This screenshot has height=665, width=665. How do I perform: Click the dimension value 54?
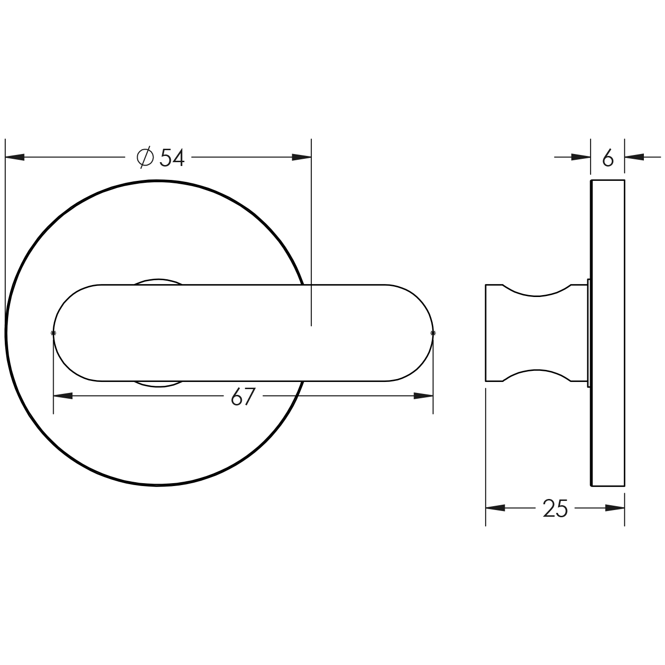point(172,157)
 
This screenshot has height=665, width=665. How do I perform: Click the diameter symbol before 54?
point(145,157)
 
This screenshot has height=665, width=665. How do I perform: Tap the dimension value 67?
point(242,397)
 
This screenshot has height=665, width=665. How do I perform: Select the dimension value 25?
point(555,508)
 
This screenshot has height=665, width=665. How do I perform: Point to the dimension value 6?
point(607,158)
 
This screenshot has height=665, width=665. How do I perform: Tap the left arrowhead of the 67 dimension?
point(63,396)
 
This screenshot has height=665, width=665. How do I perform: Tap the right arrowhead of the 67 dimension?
point(424,396)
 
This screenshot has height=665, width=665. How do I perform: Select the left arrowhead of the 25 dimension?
point(496,508)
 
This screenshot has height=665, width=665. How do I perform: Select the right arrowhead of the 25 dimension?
point(615,508)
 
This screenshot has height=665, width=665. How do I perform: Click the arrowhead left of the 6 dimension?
point(581,157)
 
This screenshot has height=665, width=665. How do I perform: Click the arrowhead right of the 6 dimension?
point(634,157)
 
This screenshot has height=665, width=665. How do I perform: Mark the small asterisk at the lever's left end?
point(53,332)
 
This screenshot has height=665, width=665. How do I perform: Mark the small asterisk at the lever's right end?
point(433,332)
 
